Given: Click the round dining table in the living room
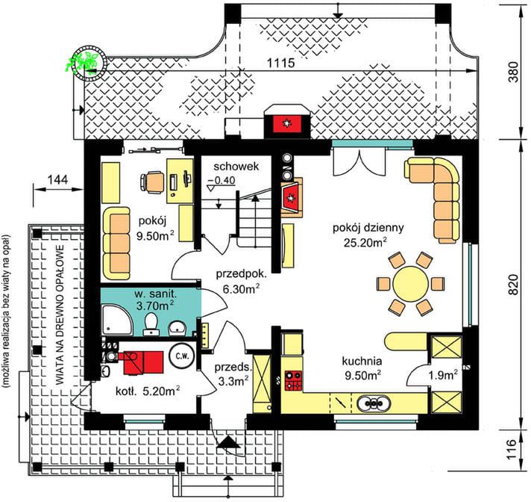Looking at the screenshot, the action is [x=410, y=284].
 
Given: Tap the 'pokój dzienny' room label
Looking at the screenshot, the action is [x=368, y=228].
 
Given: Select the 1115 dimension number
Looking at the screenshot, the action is [x=281, y=63].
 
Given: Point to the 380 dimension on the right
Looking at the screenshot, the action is [x=514, y=72].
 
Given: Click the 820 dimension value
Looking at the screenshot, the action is [x=514, y=284].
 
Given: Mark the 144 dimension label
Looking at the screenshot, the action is [x=57, y=179].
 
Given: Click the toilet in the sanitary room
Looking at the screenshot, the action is [x=151, y=324].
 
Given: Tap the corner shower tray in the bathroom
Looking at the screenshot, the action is [x=116, y=320].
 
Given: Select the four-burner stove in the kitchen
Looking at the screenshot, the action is [x=294, y=380].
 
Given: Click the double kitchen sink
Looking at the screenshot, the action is [x=374, y=403].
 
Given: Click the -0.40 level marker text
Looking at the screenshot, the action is [x=221, y=181].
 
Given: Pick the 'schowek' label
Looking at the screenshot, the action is [x=236, y=166].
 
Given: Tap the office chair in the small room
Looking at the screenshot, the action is [x=152, y=182].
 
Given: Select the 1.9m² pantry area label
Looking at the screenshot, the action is [x=443, y=375].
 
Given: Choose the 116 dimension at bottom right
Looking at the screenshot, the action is [x=514, y=450].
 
